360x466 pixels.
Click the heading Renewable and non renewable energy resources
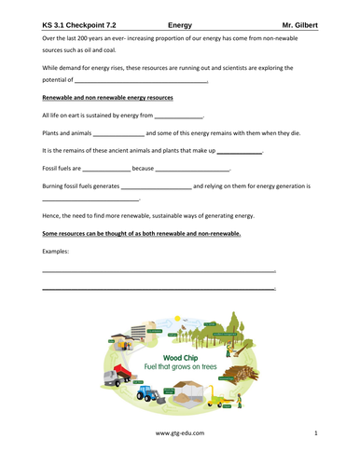pos(114,97)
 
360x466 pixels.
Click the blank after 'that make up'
pos(240,151)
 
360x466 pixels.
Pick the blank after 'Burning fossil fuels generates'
pos(156,186)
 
